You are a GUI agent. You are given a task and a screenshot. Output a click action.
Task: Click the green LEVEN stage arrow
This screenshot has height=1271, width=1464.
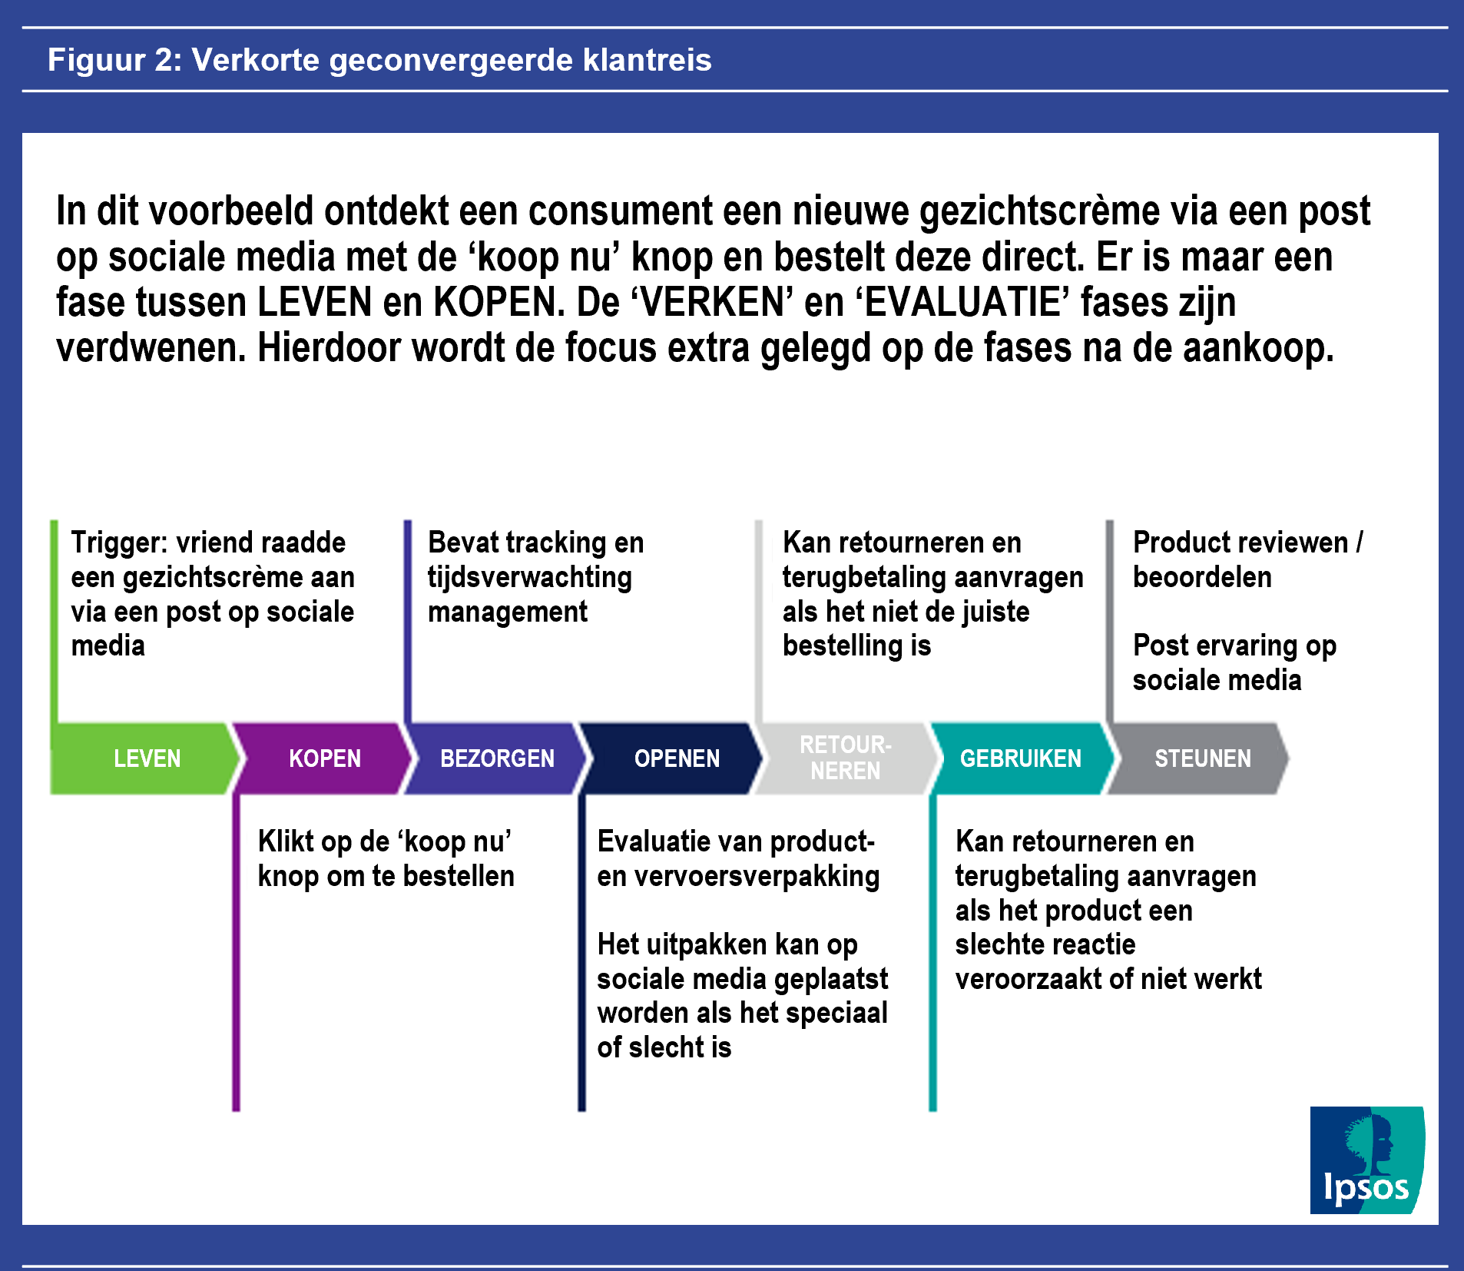(146, 758)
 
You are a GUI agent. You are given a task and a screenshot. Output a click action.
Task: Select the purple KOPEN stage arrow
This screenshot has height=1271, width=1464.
(324, 758)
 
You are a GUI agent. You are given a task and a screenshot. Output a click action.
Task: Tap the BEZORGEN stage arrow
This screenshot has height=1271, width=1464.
(497, 758)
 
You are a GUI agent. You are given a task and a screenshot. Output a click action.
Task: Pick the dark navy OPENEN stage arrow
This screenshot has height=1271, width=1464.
(676, 758)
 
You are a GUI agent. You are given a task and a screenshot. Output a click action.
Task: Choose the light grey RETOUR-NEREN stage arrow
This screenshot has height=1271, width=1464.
(845, 758)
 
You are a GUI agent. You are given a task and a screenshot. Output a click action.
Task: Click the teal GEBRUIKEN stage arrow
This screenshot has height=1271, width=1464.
(1020, 758)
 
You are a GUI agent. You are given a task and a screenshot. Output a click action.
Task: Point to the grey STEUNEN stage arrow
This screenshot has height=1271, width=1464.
(1202, 758)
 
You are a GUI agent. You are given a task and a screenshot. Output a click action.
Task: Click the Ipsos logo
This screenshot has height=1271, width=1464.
(1366, 1160)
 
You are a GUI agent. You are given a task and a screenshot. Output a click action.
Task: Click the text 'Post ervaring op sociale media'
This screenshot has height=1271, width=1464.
(1234, 662)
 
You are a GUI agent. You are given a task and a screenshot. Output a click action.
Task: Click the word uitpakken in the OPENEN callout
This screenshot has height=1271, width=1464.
(707, 944)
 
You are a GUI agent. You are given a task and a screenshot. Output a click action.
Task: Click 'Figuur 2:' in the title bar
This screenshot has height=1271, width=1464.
(114, 60)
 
